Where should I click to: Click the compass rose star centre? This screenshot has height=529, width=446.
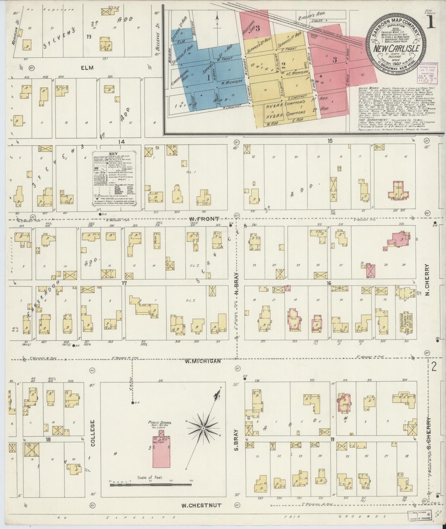pos(203,429)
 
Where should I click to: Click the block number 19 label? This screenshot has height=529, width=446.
pos(332,439)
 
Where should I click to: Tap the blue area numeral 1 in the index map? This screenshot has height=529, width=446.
pos(208,78)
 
